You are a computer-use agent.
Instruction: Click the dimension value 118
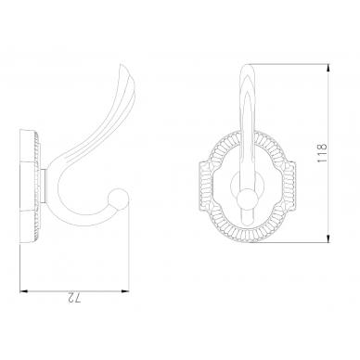click(322, 153)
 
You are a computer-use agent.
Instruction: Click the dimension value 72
click(73, 299)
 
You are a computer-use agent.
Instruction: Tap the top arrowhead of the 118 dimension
click(328, 68)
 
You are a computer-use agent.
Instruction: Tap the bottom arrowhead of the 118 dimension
click(328, 238)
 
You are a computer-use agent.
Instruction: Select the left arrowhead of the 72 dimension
click(24, 291)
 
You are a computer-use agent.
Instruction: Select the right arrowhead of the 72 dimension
click(124, 291)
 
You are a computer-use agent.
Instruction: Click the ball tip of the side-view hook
click(119, 198)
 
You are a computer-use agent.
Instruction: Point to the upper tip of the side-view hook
click(122, 66)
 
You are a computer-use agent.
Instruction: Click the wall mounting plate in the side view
click(30, 187)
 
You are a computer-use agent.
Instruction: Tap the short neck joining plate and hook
click(44, 186)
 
